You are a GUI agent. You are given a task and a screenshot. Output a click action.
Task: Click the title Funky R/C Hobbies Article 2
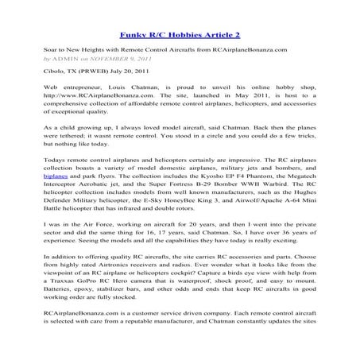[179, 35]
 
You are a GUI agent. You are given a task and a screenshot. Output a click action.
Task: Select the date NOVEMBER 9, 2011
[113, 59]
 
